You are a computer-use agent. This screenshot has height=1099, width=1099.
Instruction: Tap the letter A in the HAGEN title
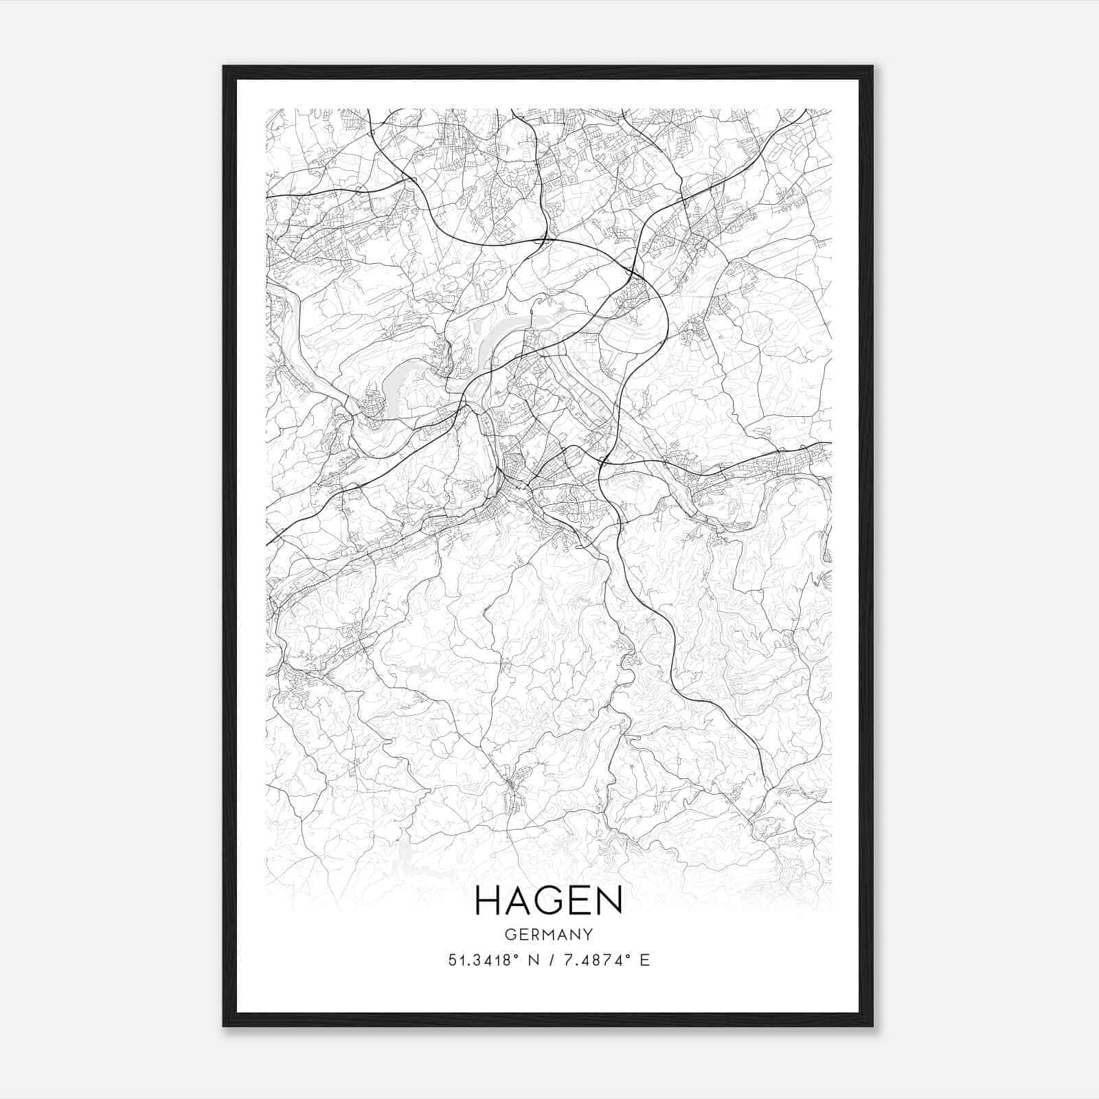[520, 901]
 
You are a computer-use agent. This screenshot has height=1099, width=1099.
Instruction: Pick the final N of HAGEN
[610, 901]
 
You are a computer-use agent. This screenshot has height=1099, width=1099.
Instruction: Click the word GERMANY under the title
[548, 935]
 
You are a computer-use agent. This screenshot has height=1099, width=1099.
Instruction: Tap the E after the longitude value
[644, 960]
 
